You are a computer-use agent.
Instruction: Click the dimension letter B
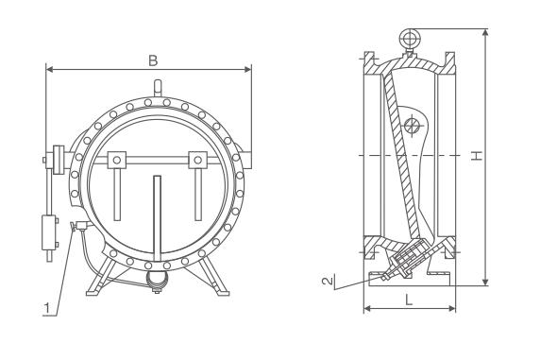coord(153,60)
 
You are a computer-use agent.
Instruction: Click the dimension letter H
coord(477,156)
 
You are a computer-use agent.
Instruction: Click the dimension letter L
coord(409,300)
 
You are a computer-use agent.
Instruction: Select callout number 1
coord(47,308)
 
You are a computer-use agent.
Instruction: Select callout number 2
coord(328,281)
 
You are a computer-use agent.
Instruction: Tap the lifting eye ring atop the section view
coord(410,39)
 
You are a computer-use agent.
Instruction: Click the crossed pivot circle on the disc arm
coord(413,125)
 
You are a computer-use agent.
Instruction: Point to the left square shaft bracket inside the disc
coord(117,160)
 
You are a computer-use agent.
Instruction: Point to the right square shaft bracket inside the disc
coord(197,160)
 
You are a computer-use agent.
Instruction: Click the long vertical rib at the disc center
coord(157,219)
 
